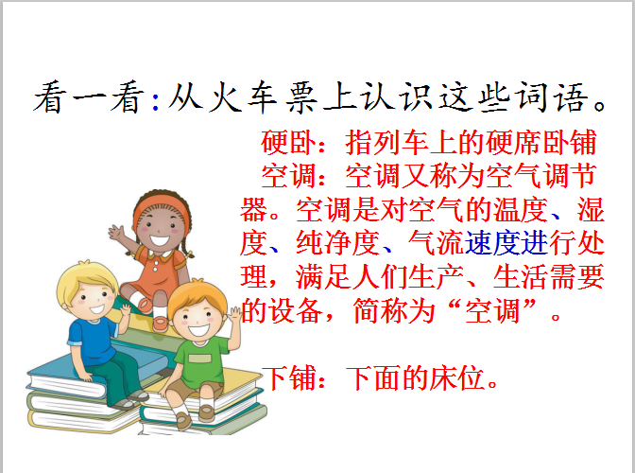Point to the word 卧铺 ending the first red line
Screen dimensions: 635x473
point(569,142)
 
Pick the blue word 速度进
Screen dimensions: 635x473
point(506,243)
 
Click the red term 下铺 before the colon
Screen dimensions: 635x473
point(289,378)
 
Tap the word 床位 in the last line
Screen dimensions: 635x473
point(456,378)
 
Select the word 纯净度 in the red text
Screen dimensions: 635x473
point(337,243)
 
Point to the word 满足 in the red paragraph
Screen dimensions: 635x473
point(323,277)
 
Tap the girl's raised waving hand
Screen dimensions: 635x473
point(116,233)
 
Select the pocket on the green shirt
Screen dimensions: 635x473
point(199,359)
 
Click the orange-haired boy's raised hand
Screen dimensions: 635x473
point(235,314)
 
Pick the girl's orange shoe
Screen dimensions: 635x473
point(161,323)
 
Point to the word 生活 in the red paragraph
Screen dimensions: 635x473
point(521,277)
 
